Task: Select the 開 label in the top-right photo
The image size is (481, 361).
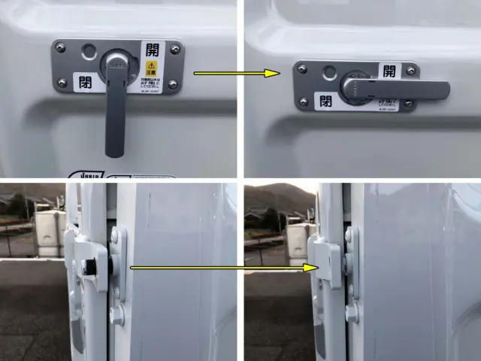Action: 389,71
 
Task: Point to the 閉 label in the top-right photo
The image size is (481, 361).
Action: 325,100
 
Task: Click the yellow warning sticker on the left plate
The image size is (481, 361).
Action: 150,72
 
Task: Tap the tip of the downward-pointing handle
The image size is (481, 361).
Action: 113,152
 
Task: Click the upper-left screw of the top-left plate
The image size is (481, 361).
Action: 61,48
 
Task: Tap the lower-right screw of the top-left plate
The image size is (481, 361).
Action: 173,85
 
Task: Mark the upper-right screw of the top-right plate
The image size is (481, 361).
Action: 412,71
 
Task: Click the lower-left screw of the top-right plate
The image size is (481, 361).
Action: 304,101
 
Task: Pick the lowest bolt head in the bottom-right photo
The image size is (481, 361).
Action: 352,311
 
